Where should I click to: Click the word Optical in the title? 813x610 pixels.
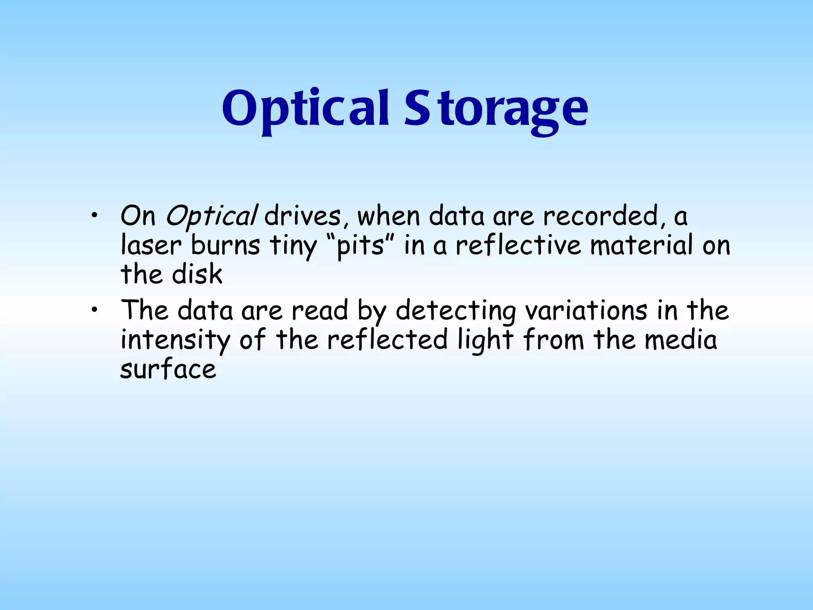(x=305, y=109)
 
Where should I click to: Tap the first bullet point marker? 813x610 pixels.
(x=94, y=216)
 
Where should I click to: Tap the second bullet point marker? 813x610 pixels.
(x=94, y=310)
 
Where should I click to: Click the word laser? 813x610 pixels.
(x=151, y=246)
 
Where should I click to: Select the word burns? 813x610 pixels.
(x=225, y=246)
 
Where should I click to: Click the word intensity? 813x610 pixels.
(x=175, y=341)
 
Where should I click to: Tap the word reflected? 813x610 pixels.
(x=387, y=340)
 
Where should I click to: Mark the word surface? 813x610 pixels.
(x=168, y=369)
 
